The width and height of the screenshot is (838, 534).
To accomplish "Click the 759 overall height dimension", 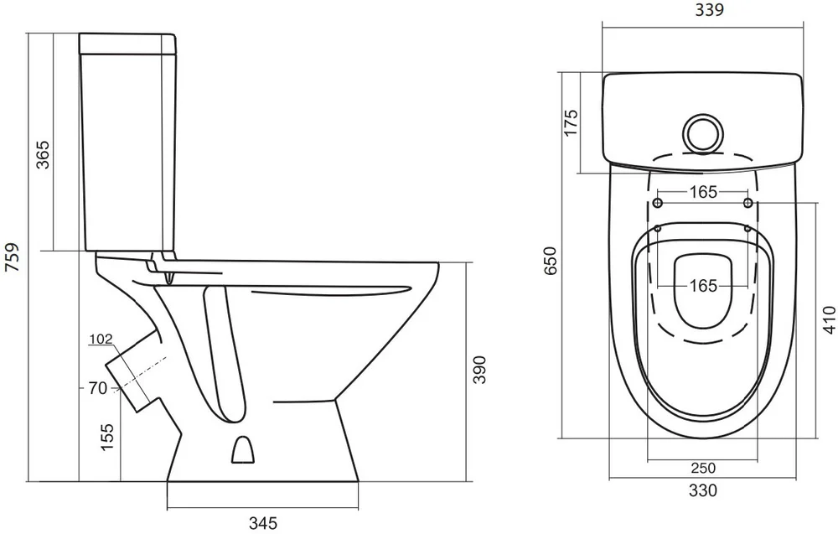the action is (x=12, y=257).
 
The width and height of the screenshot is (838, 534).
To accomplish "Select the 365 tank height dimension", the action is (x=42, y=154).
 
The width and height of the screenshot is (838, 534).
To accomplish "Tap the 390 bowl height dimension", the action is (x=479, y=370).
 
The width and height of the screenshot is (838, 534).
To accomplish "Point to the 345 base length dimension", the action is (x=263, y=522).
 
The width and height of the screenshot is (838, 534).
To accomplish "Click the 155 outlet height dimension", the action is (x=108, y=437).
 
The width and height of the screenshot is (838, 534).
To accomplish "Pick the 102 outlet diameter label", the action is (x=101, y=339).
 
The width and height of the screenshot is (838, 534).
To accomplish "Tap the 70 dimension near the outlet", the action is (x=98, y=388).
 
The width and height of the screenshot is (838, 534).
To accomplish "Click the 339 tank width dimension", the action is (x=709, y=9).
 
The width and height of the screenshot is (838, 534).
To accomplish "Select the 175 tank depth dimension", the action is (x=572, y=122).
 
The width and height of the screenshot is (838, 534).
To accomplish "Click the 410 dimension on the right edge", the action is (x=829, y=319).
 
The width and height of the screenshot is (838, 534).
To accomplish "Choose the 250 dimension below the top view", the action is (x=703, y=469).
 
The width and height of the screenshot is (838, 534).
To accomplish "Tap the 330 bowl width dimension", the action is (x=703, y=490).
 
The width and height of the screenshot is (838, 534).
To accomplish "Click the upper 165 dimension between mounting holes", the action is (x=703, y=192).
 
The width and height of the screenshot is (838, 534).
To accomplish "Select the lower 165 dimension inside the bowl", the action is (x=703, y=286).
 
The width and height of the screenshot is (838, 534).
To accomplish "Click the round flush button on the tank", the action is (x=703, y=132).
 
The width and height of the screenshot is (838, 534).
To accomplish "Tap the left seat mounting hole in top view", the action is (x=658, y=203).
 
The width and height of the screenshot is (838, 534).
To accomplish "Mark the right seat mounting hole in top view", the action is (x=748, y=203).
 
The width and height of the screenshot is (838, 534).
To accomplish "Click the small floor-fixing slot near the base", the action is (x=243, y=449).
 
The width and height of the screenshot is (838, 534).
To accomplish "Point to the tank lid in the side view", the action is (x=127, y=44).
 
